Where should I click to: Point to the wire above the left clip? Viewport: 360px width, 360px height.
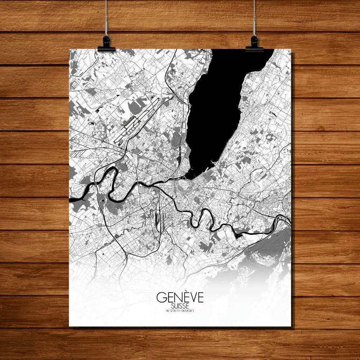106,18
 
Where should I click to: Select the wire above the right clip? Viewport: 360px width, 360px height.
254,18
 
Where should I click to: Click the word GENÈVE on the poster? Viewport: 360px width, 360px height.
180,297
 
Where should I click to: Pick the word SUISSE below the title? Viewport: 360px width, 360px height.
180,306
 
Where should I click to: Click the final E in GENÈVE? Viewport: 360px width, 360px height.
200,298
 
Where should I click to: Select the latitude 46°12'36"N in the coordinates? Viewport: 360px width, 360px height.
172,311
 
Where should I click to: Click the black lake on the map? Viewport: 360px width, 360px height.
216,108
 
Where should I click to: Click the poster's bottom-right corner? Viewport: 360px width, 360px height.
291,326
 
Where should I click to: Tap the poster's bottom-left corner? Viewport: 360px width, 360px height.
69,326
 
